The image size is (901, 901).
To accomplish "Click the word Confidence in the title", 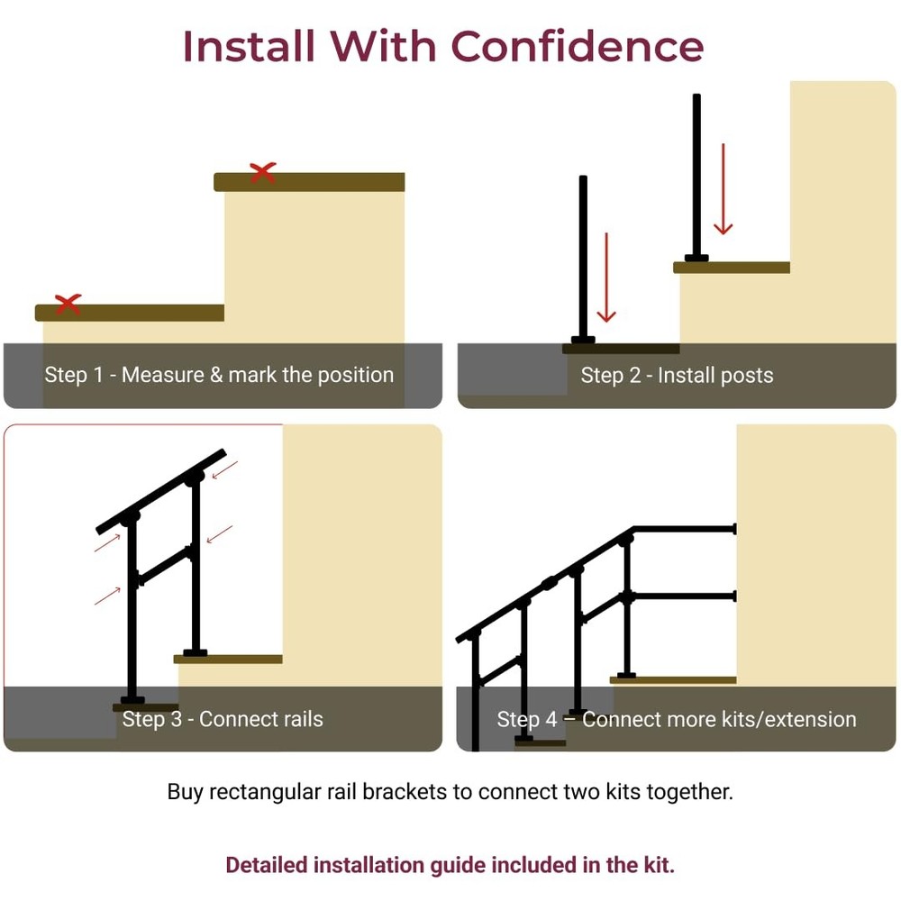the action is coord(577,46).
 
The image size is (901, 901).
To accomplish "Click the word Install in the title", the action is coord(249,46).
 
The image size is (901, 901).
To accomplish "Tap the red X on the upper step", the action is coord(262,172).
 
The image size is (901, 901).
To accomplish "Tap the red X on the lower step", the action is coord(68,304).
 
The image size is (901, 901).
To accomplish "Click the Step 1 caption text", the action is coord(219,375).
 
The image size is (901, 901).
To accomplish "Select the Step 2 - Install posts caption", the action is coord(677,375).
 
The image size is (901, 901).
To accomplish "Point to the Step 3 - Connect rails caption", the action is coord(223,719).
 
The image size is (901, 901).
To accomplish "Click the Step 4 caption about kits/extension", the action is coord(677,719).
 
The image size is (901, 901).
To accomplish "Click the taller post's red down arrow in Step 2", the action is coord(723,189).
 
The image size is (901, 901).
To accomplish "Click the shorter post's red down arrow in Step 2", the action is coord(606,278).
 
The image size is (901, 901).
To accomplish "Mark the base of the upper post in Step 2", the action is coord(696,258).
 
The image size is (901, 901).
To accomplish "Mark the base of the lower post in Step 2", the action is coord(583,341).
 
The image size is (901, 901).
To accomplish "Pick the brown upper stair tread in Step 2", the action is coord(732,268).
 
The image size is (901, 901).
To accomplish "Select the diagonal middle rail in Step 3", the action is coord(165,566).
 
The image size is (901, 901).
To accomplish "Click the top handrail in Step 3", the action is coord(161,491).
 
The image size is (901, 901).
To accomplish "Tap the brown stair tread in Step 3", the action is coord(228,660).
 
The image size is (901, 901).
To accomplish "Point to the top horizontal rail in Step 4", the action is coord(685,529).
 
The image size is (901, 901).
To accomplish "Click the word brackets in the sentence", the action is coord(405,792).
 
